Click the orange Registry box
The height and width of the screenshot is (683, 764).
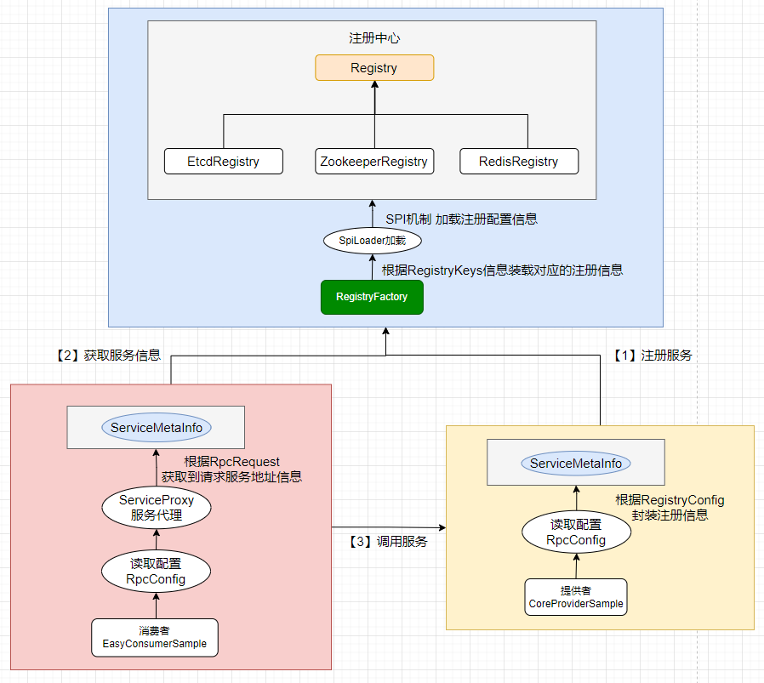coord(374,68)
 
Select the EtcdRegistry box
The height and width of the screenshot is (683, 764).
coord(223,162)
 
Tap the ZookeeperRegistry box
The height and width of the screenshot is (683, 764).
coord(374,162)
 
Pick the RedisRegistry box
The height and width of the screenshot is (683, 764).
coord(518,162)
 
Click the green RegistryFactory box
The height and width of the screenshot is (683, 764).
coord(372,297)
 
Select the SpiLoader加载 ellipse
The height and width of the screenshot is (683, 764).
coord(373,241)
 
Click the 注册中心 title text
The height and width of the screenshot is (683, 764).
coord(374,38)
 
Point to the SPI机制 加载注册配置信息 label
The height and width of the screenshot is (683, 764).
coord(461,219)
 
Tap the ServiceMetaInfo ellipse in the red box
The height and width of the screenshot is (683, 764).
coord(157,428)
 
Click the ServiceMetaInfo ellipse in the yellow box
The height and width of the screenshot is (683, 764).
coord(576,464)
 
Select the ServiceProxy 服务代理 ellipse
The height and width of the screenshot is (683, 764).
coord(157,508)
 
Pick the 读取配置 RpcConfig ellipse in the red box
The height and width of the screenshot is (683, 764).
coord(156,571)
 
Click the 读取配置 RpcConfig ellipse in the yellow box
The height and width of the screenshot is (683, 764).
coord(576,532)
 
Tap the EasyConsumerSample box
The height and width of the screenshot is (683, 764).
coord(155,638)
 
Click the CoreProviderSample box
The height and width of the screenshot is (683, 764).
coord(576,598)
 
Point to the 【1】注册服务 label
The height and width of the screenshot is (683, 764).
coord(653,356)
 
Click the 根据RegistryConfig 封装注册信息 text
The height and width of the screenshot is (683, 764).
coord(670,507)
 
